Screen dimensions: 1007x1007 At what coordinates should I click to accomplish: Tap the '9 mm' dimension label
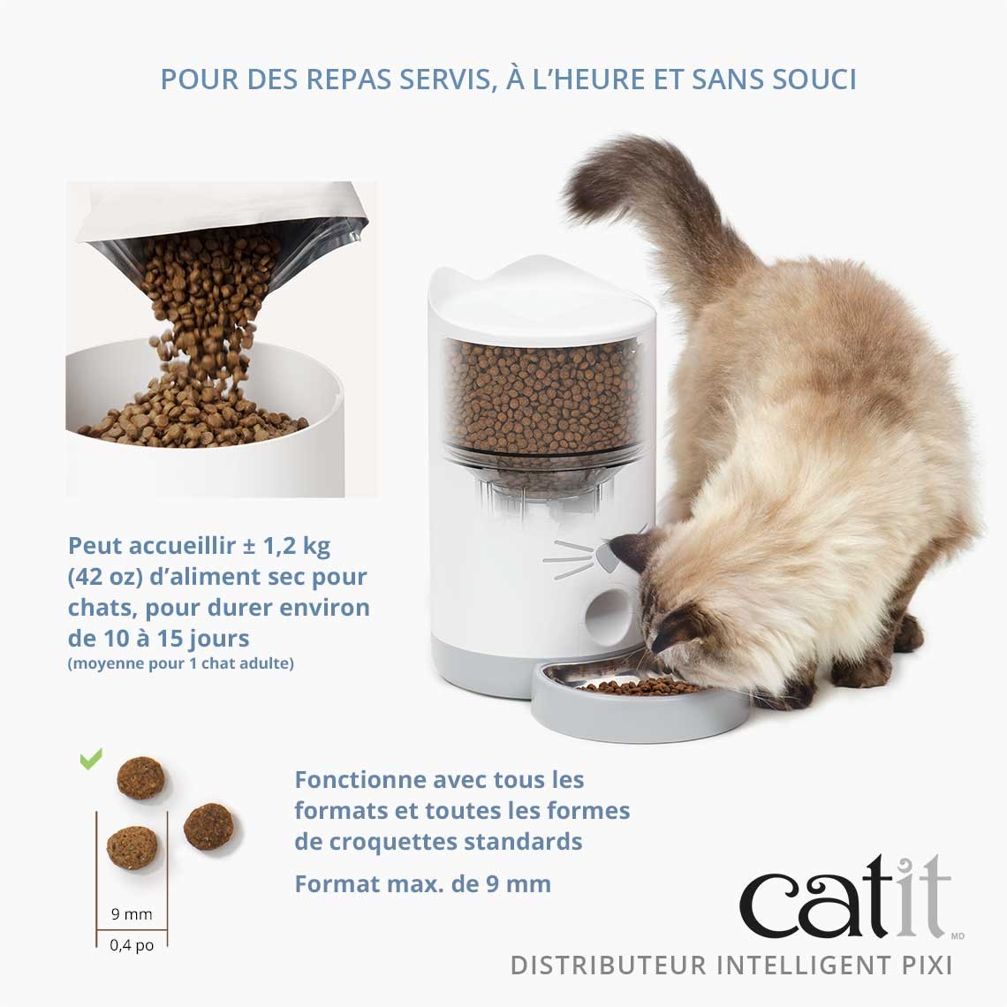click(x=132, y=914)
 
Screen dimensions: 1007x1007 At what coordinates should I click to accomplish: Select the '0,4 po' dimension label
click(x=132, y=944)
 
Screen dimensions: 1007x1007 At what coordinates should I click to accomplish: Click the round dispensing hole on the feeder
click(x=608, y=610)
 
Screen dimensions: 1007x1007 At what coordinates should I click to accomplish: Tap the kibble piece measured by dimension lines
click(x=132, y=847)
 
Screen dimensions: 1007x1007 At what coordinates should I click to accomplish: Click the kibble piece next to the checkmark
click(x=140, y=777)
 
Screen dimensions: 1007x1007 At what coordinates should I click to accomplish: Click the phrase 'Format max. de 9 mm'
click(x=422, y=883)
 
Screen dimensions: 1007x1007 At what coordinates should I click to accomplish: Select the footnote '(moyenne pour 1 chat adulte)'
click(x=180, y=662)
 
